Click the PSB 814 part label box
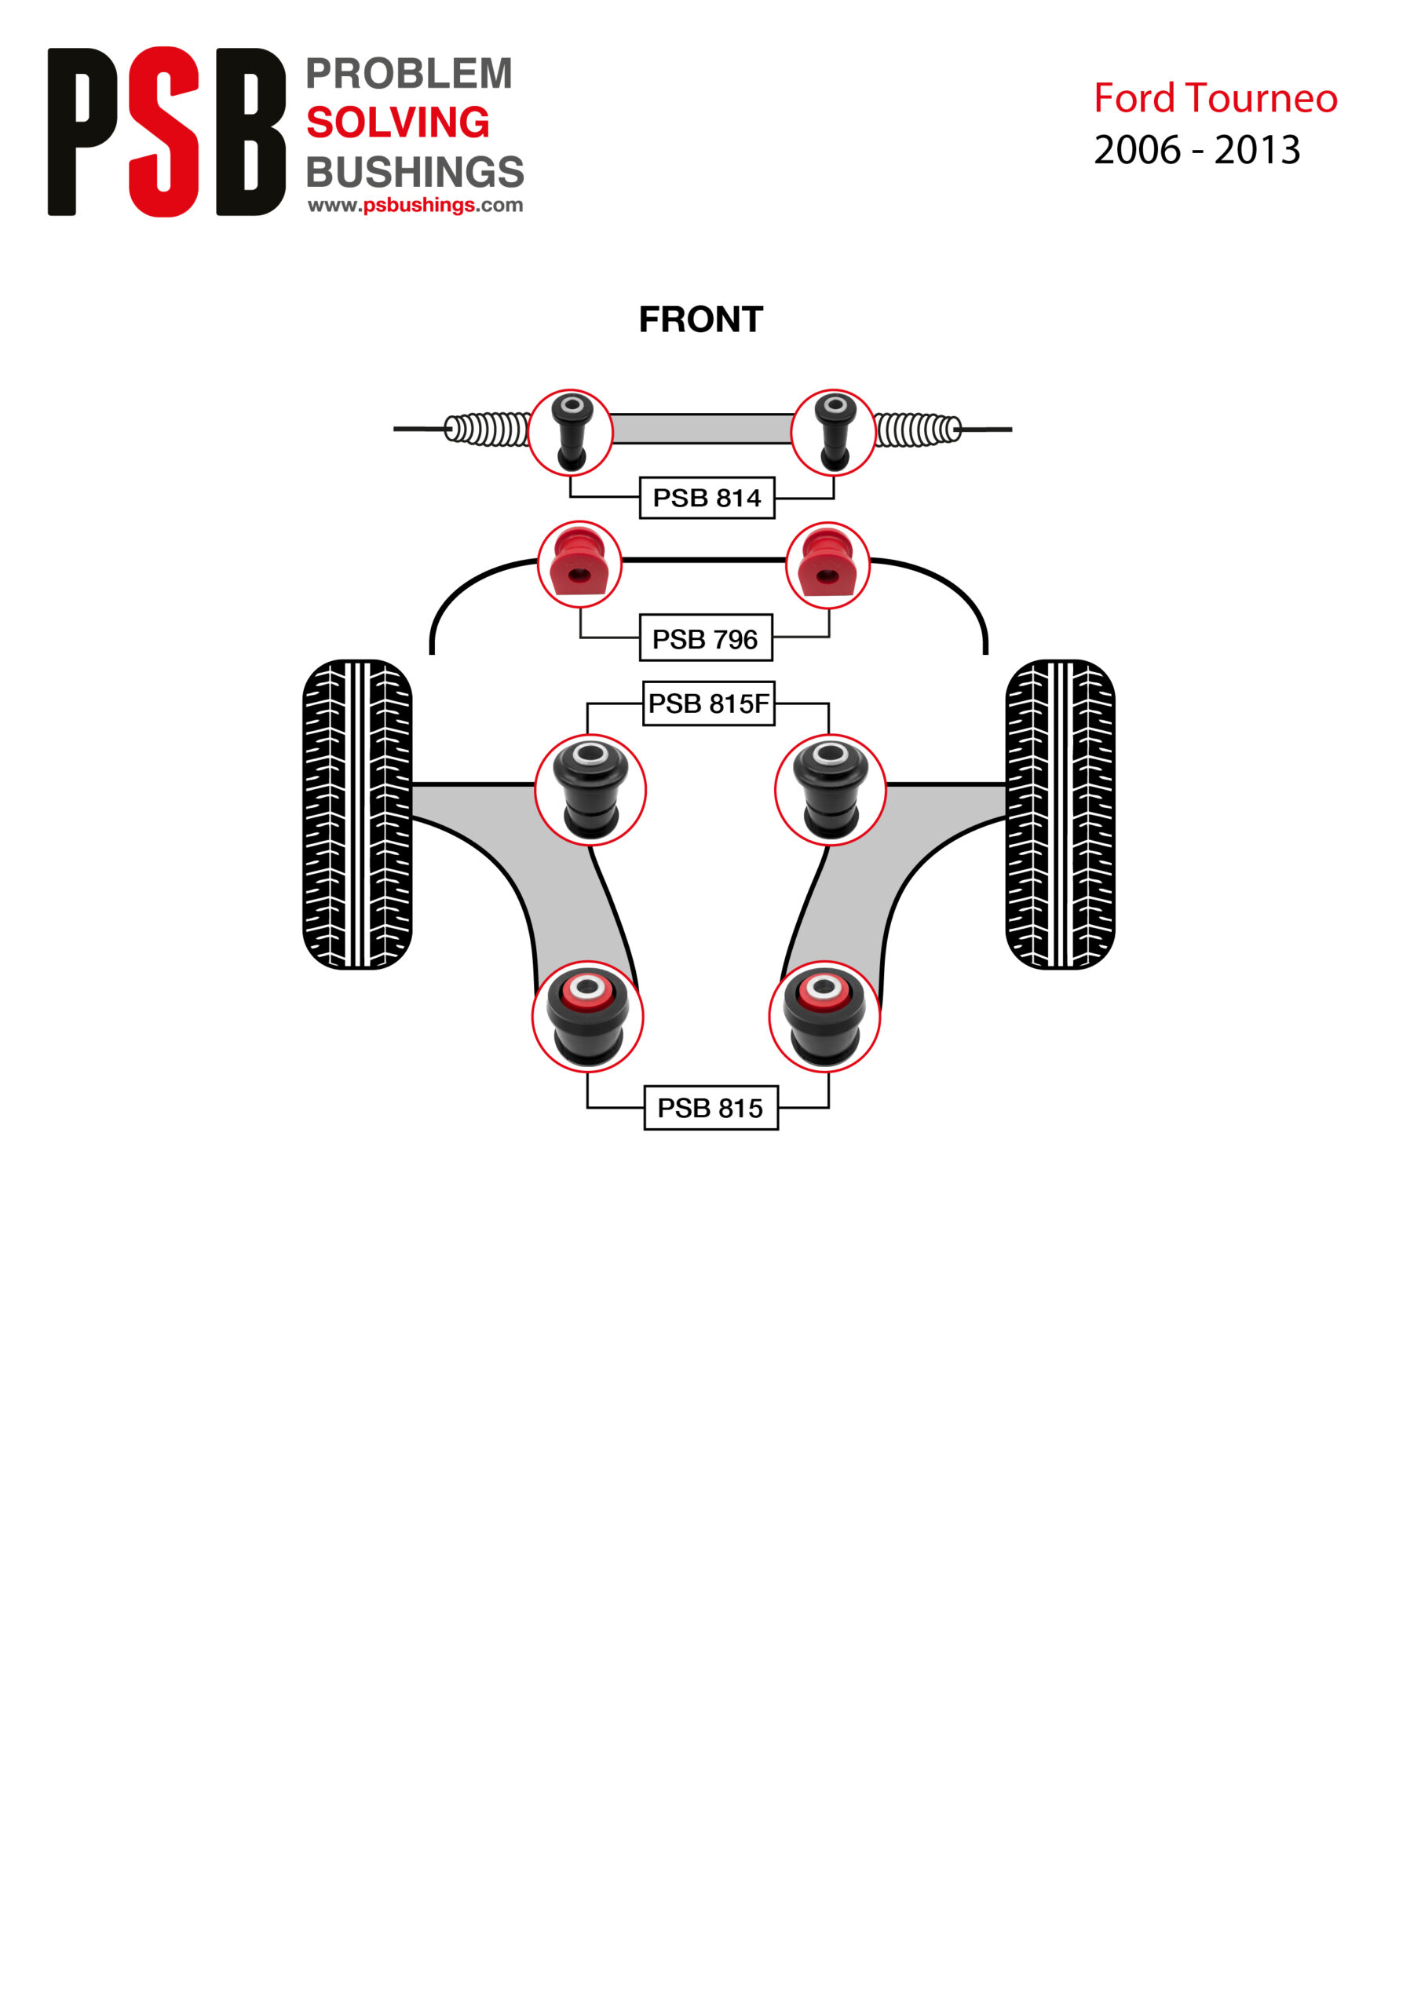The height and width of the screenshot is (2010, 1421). pyautogui.click(x=707, y=497)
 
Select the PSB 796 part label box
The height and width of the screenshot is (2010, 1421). pyautogui.click(x=706, y=638)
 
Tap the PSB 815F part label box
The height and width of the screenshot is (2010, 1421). pyautogui.click(x=708, y=703)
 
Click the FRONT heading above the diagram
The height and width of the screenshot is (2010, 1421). pyautogui.click(x=700, y=320)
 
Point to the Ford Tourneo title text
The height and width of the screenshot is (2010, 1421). pyautogui.click(x=1215, y=98)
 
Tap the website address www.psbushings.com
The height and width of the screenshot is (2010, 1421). pyautogui.click(x=415, y=205)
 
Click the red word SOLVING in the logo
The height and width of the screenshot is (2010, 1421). pyautogui.click(x=397, y=122)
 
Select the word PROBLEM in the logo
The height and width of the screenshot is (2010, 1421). pyautogui.click(x=409, y=74)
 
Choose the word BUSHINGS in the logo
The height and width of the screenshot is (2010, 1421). pyautogui.click(x=415, y=172)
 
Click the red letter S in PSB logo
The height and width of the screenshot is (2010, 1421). pyautogui.click(x=164, y=131)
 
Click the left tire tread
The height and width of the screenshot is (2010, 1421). pyautogui.click(x=357, y=814)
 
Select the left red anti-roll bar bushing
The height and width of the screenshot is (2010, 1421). pyautogui.click(x=579, y=565)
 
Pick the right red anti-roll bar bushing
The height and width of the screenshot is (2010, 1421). pyautogui.click(x=827, y=565)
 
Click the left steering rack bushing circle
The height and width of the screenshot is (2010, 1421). pyautogui.click(x=571, y=433)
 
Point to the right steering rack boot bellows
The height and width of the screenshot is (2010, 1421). pyautogui.click(x=917, y=429)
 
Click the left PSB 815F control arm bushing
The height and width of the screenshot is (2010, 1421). pyautogui.click(x=590, y=790)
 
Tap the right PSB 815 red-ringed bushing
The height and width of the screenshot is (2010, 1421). pyautogui.click(x=824, y=1016)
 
